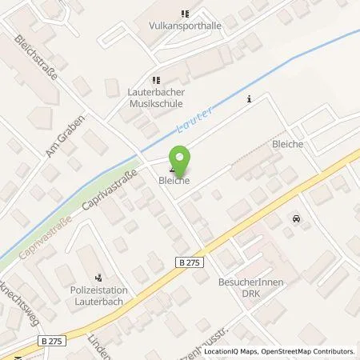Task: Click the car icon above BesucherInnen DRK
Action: click(x=297, y=218)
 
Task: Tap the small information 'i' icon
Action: click(x=250, y=99)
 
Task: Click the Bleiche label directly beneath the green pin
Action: click(x=174, y=182)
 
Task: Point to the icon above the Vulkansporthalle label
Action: click(x=186, y=14)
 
